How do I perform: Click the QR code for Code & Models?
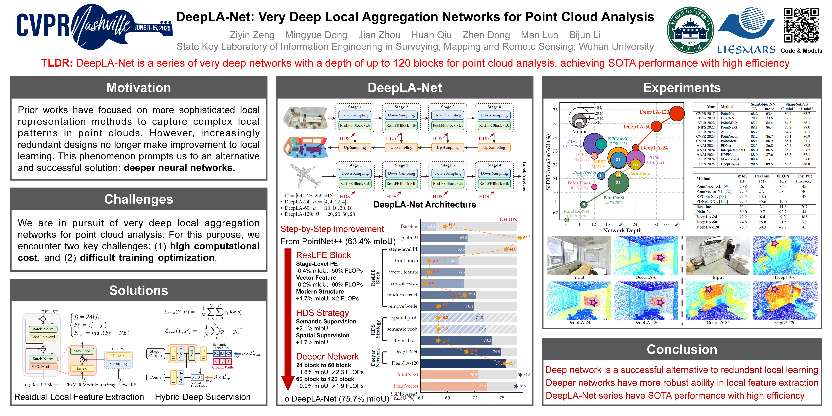(801, 25)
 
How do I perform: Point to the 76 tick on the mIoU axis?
(555, 110)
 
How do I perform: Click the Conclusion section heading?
(682, 350)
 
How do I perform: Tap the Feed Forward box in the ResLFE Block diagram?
(43, 337)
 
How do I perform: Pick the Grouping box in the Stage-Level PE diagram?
(118, 364)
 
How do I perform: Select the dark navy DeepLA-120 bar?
(463, 363)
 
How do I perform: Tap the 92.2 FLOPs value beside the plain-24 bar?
(526, 238)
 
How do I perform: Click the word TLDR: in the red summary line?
(57, 63)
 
